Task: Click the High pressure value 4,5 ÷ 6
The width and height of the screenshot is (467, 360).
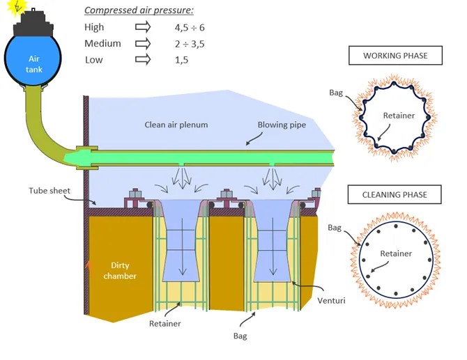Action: coord(190,27)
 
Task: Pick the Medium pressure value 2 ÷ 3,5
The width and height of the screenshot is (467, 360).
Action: coord(189,44)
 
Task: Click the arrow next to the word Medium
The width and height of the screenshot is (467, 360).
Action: coord(143,43)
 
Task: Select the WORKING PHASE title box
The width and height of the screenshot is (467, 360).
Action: coord(395,55)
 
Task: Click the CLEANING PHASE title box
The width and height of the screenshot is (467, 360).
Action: coord(395,194)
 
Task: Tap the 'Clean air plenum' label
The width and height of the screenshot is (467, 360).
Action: coord(176,125)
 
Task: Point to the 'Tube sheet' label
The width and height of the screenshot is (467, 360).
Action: coord(49,190)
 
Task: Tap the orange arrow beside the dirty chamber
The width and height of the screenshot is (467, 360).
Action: coord(88,266)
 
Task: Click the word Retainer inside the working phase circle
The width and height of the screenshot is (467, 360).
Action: coord(399,116)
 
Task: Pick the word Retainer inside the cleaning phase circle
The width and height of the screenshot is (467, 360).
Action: coord(395,253)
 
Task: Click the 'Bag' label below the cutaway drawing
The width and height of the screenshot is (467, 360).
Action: coord(240,336)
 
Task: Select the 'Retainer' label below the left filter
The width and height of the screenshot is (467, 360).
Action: coord(164,324)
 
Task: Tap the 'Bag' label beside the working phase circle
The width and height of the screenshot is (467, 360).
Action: coord(335,92)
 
